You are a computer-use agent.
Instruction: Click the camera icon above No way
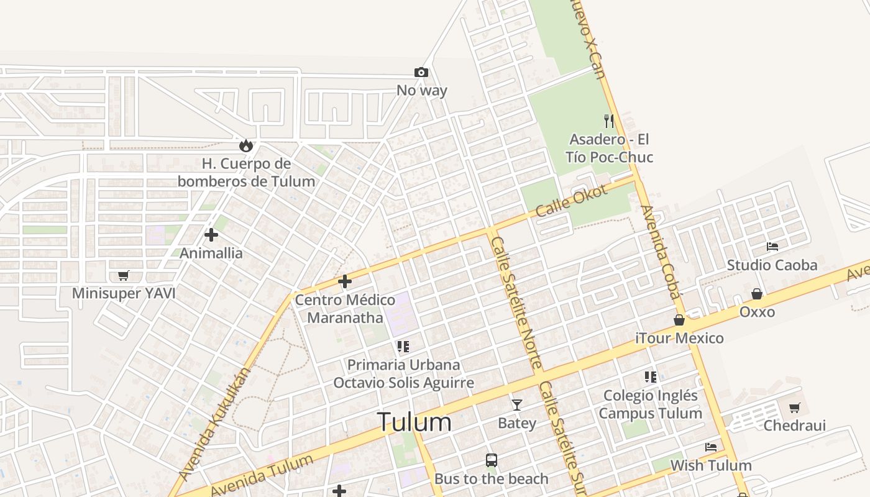[421, 73]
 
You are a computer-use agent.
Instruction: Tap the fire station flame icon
[246, 146]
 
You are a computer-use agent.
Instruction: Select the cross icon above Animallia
[211, 235]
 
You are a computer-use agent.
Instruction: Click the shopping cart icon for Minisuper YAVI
[124, 275]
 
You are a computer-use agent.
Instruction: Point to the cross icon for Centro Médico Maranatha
[345, 281]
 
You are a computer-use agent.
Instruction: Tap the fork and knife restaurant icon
[609, 121]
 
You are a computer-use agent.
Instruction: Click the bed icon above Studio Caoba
[772, 247]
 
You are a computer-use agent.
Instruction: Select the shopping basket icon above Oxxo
[757, 293]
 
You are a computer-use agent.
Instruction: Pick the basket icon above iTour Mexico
[679, 320]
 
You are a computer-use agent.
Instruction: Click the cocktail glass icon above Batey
[516, 405]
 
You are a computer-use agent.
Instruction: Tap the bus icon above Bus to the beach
[492, 460]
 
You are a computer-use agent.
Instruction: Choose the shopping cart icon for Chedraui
[794, 408]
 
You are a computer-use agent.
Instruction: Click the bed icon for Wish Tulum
[711, 447]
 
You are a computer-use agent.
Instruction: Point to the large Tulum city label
[414, 422]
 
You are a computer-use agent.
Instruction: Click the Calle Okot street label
[571, 201]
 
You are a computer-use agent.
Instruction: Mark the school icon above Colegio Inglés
[651, 376]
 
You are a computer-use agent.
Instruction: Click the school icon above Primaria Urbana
[403, 346]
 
